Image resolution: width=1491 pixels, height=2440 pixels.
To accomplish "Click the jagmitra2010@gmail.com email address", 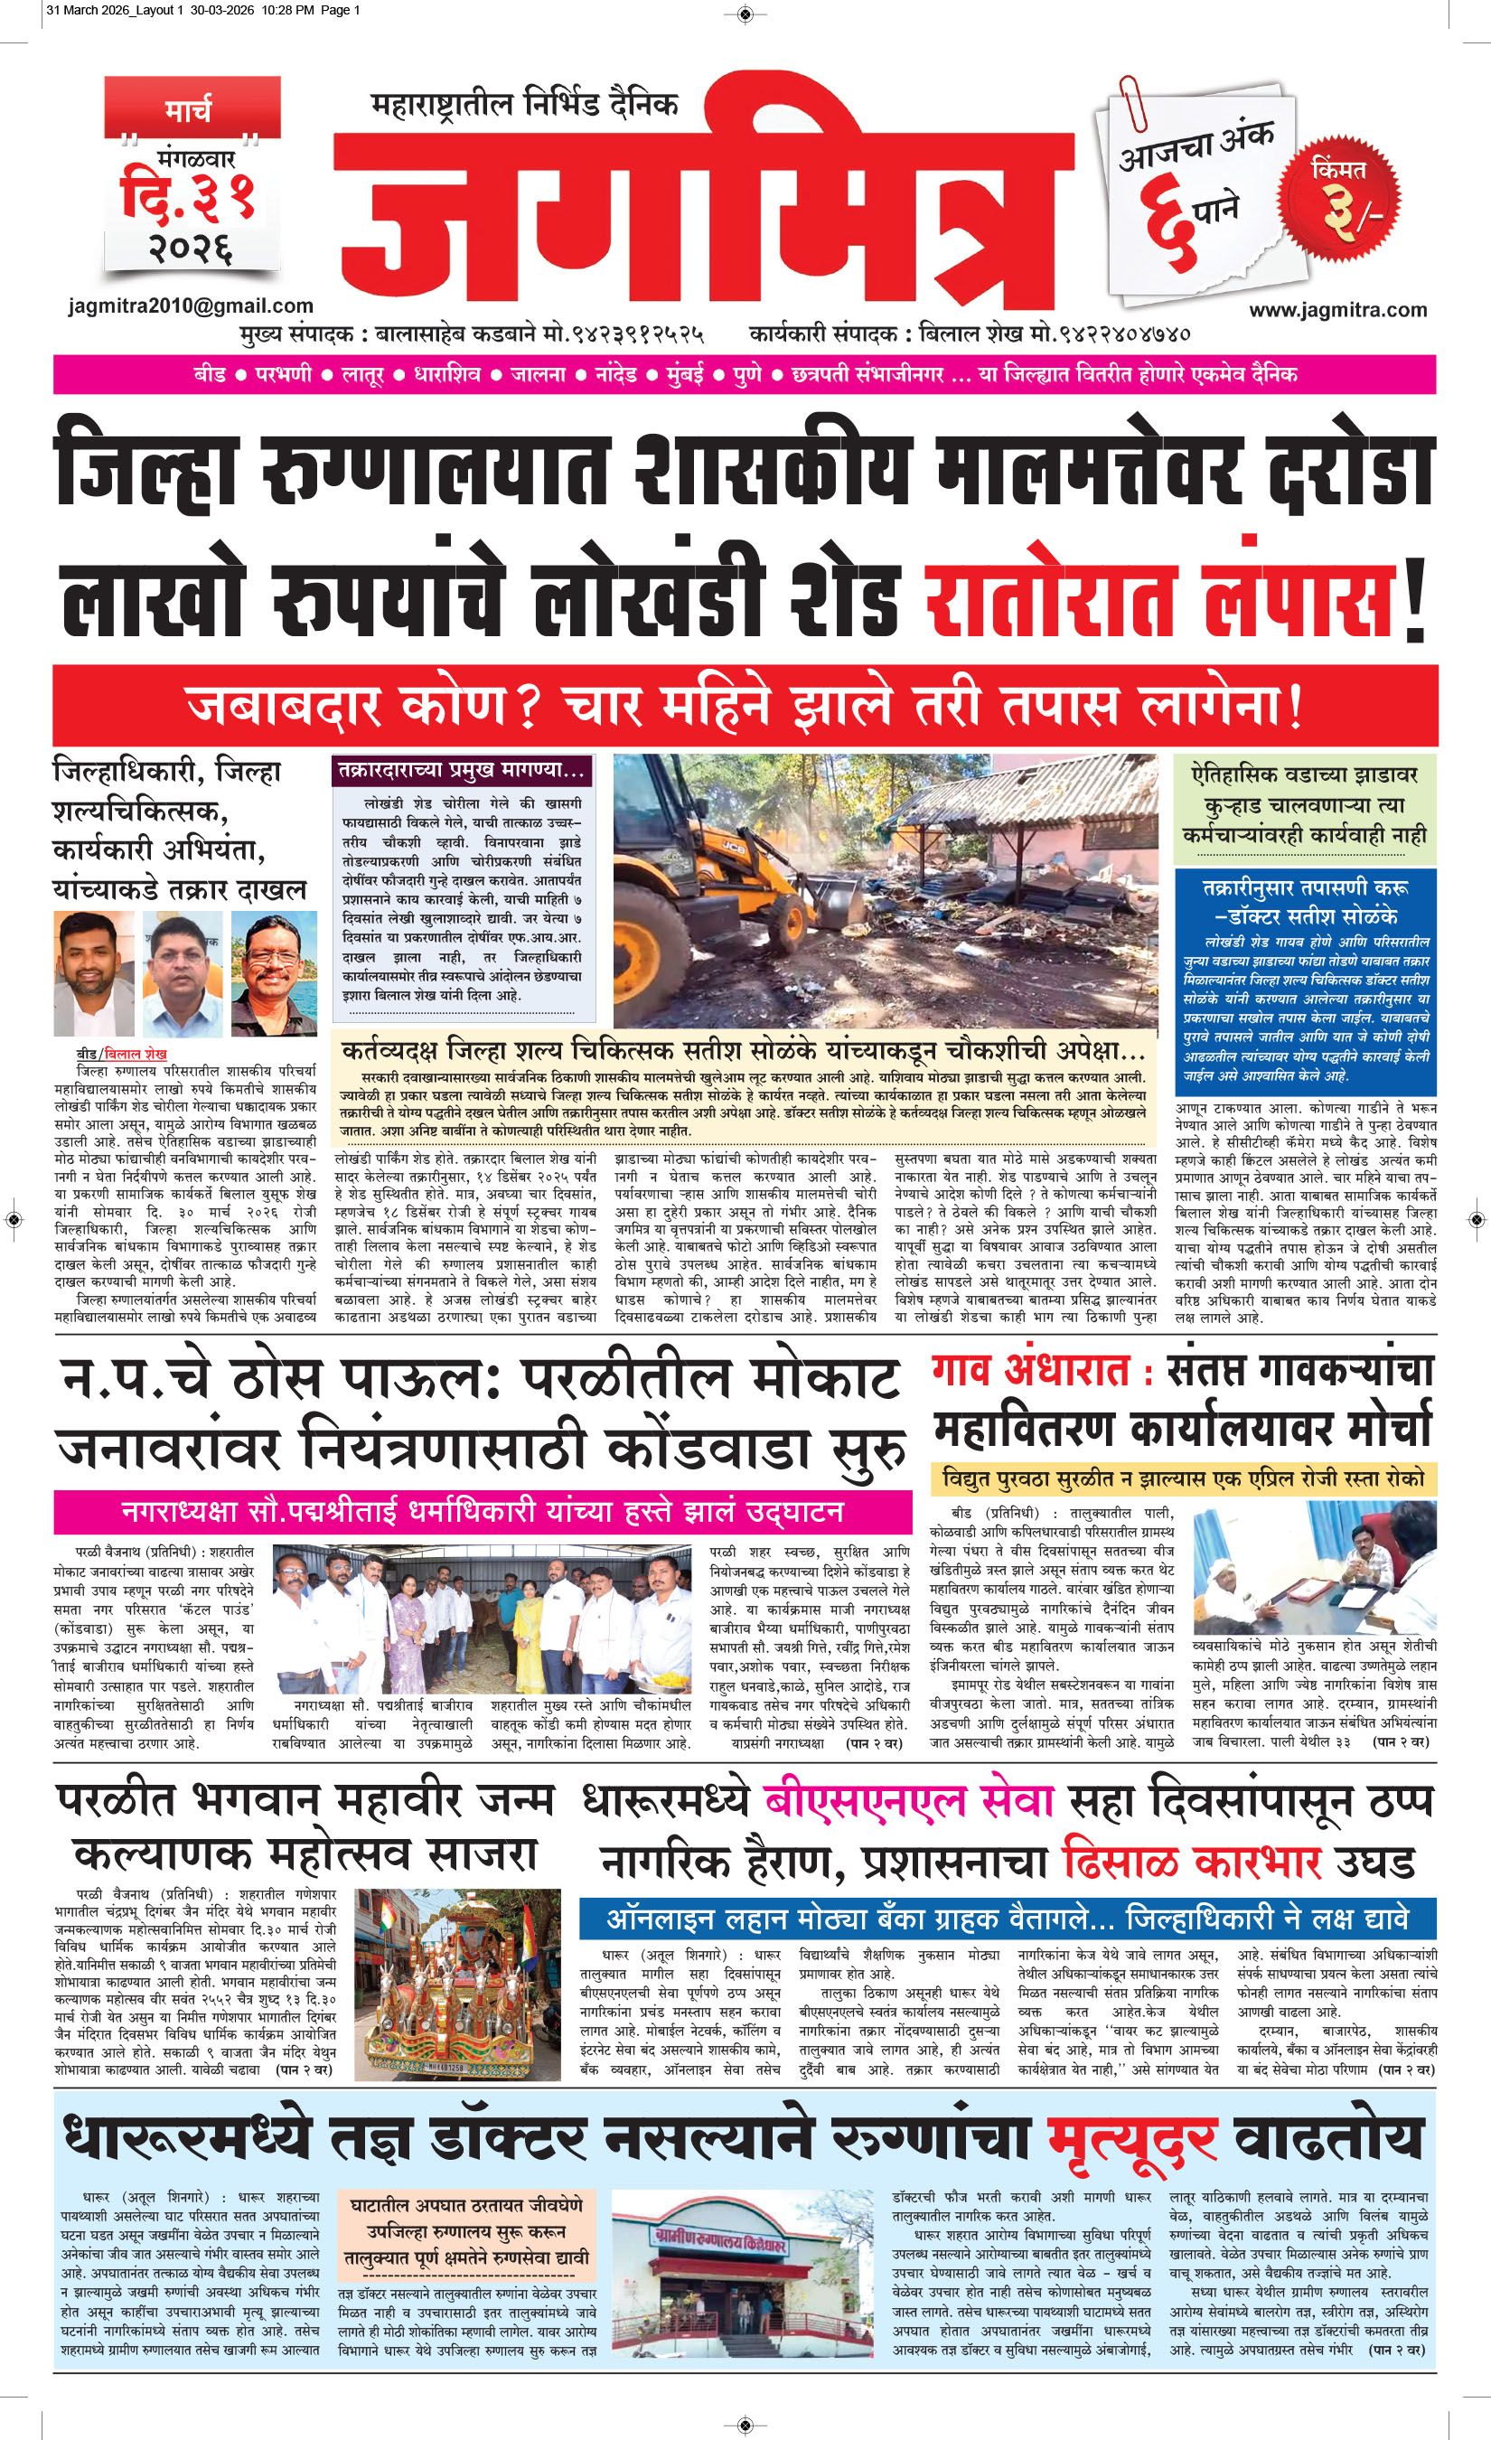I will (191, 306).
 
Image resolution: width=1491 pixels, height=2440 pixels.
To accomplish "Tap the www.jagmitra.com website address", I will (1337, 310).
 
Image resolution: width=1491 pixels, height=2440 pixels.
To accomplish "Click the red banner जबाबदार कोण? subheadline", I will (744, 707).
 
